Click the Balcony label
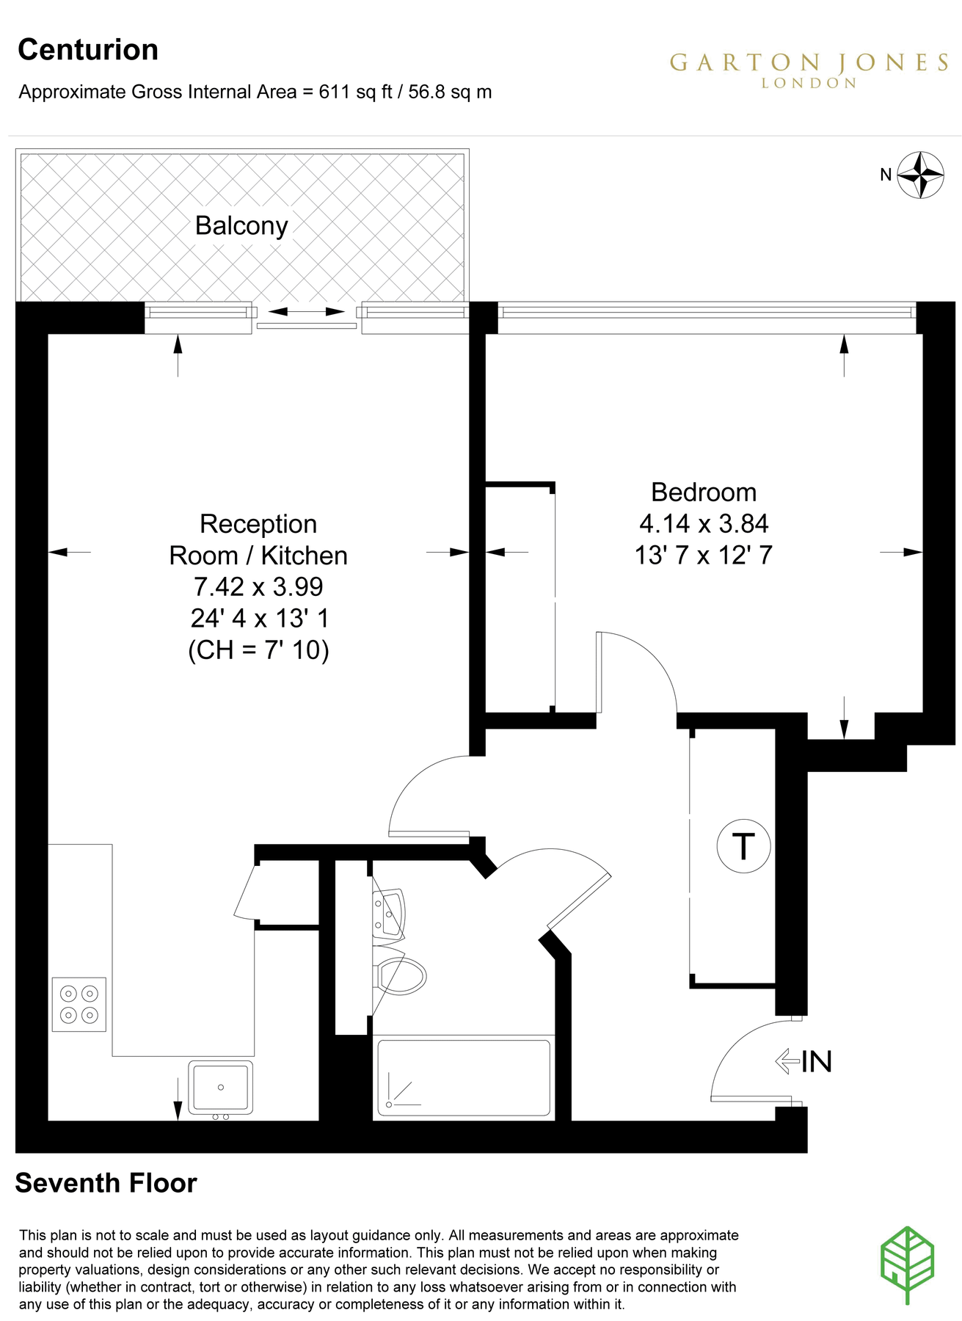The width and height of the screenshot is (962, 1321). point(241,225)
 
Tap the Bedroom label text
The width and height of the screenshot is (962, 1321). point(703,492)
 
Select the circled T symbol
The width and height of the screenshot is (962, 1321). point(743,846)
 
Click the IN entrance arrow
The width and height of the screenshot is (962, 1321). point(787,1061)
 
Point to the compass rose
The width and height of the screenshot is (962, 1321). point(920,175)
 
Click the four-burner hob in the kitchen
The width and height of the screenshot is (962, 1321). point(79,1004)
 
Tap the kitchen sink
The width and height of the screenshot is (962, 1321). point(220,1087)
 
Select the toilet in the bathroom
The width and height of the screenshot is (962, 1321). point(401,976)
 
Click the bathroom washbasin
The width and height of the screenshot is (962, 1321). point(389,914)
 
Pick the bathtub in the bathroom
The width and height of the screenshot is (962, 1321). point(464,1077)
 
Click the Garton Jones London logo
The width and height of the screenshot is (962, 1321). point(809,69)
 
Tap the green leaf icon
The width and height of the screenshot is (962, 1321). point(907,1264)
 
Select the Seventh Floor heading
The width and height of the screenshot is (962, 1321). point(106,1183)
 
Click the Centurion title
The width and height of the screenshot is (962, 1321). point(88,50)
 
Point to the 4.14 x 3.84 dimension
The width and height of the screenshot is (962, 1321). point(703,523)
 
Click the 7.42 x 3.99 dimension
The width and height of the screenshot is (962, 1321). point(258,586)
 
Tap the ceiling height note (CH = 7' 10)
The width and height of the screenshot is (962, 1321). point(258,649)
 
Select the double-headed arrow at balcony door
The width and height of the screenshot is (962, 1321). point(306,312)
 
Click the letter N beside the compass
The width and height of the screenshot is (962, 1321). point(886,175)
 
